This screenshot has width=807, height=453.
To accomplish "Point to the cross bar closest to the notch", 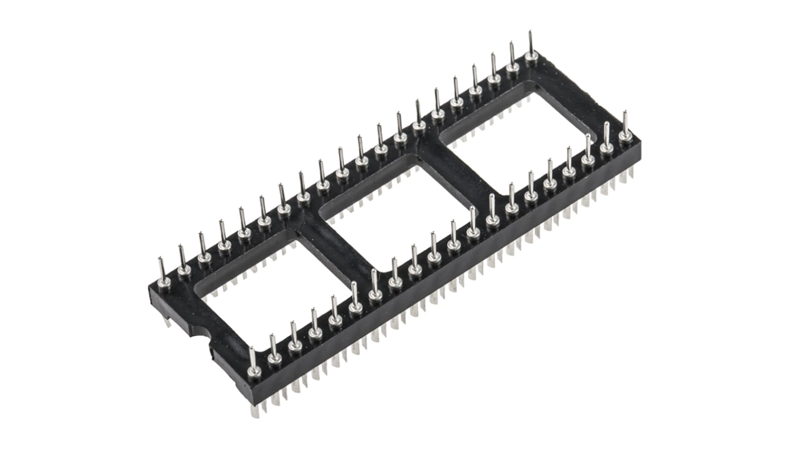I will [335, 255].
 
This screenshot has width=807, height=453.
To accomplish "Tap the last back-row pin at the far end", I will [532, 54].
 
